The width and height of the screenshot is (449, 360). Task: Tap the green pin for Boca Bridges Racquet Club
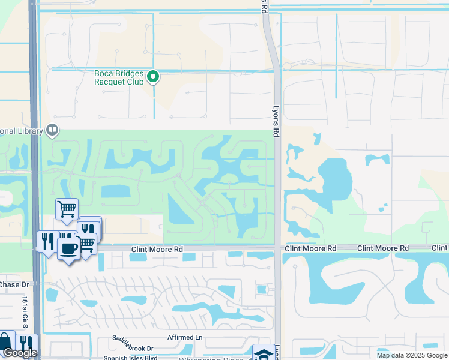(x=153, y=76)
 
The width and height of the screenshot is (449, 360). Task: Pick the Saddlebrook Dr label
(x=133, y=348)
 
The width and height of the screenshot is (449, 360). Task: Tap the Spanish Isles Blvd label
(x=135, y=358)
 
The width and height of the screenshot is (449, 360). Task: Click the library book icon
(x=53, y=130)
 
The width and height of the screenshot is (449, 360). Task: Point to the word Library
(x=21, y=131)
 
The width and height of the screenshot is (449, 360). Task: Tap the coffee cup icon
(x=68, y=248)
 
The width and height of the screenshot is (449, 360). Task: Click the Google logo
(x=20, y=353)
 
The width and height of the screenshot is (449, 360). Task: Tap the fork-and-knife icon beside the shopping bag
(x=26, y=344)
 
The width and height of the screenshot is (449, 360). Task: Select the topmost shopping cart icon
(x=67, y=209)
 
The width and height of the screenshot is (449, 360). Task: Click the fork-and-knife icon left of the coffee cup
(x=47, y=241)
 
